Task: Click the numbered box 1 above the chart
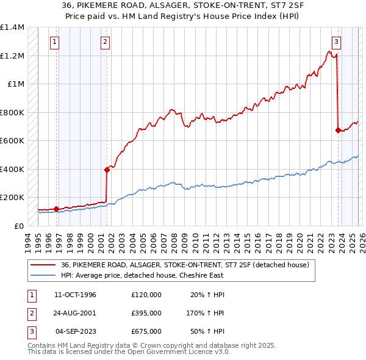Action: click(x=55, y=42)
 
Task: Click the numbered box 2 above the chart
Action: click(x=106, y=42)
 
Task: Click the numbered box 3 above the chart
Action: click(x=336, y=42)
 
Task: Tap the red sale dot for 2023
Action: click(x=338, y=130)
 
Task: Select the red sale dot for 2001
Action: click(x=107, y=170)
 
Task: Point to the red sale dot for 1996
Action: click(x=56, y=209)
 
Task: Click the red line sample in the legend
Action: click(x=43, y=265)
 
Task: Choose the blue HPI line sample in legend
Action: click(x=43, y=275)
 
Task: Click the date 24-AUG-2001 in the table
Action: click(x=75, y=313)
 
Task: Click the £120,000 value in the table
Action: click(x=146, y=295)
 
